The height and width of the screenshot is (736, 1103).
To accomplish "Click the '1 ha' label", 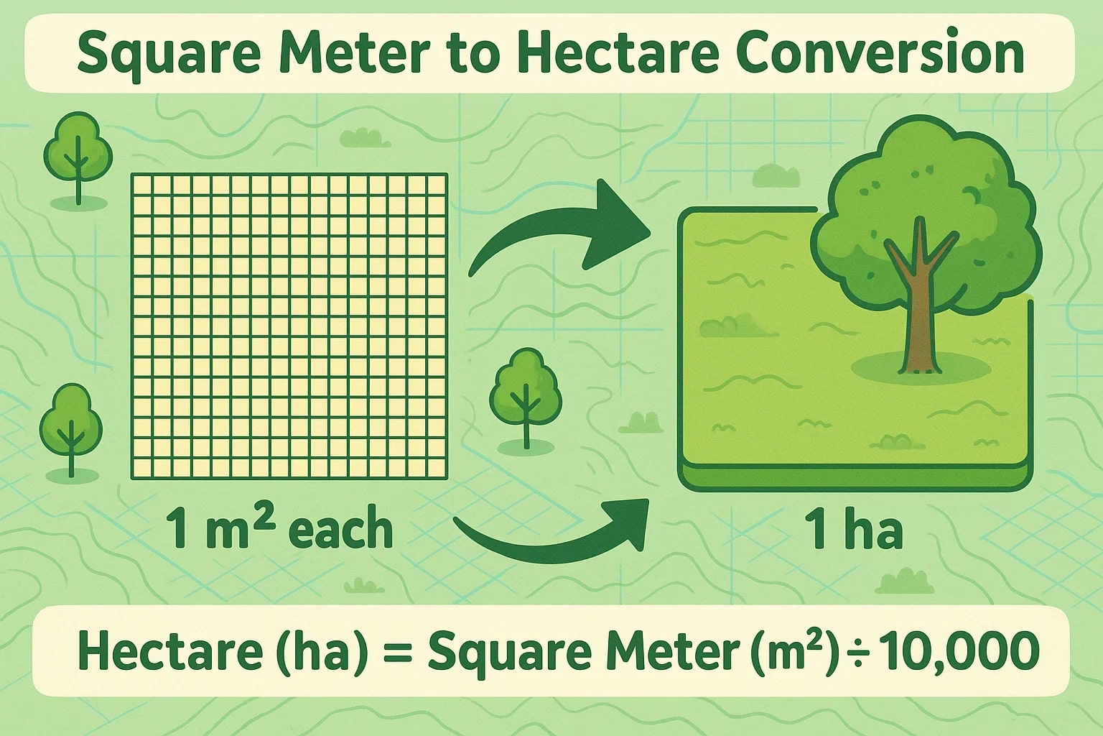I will click(853, 530).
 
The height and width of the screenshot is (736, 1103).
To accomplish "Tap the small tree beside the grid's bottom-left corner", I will click(70, 428).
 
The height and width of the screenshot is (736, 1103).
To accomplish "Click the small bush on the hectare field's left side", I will click(731, 326).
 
